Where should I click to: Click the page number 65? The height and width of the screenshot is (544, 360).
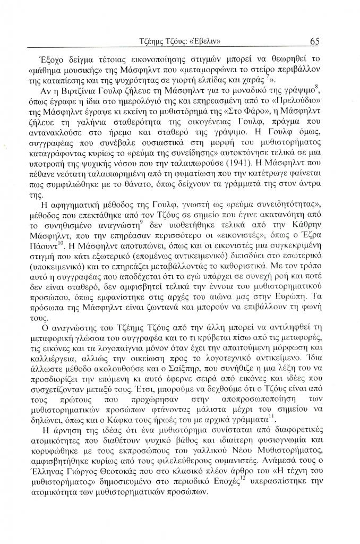(312, 41)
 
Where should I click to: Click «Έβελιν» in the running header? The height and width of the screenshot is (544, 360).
(204, 41)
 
